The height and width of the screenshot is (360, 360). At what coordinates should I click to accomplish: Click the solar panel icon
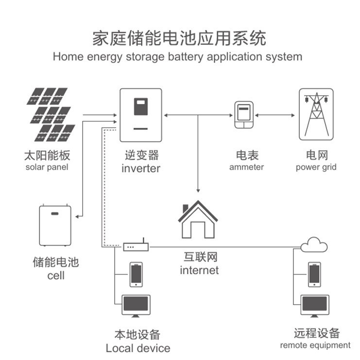pyautogui.click(x=51, y=115)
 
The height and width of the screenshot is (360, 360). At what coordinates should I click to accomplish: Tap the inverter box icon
pyautogui.click(x=140, y=115)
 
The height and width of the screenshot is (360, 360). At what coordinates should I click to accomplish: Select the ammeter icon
pyautogui.click(x=242, y=115)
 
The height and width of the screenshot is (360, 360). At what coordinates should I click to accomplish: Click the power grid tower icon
pyautogui.click(x=315, y=114)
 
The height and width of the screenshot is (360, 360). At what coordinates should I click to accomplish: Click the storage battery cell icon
pyautogui.click(x=55, y=226)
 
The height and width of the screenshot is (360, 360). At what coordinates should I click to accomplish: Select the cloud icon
pyautogui.click(x=314, y=246)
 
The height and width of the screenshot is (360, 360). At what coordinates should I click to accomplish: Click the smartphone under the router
pyautogui.click(x=136, y=274)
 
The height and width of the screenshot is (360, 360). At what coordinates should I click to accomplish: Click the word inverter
pyautogui.click(x=141, y=169)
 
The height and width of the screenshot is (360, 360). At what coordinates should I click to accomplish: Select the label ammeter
pyautogui.click(x=247, y=167)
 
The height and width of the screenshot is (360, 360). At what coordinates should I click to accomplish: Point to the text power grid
pyautogui.click(x=316, y=167)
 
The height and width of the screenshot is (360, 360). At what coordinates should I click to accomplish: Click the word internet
pyautogui.click(x=199, y=270)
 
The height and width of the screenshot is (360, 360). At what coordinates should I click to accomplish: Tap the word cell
pyautogui.click(x=56, y=275)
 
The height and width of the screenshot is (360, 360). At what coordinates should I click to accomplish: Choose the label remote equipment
pyautogui.click(x=315, y=345)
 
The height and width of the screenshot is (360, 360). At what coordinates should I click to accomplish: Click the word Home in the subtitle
pyautogui.click(x=69, y=56)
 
